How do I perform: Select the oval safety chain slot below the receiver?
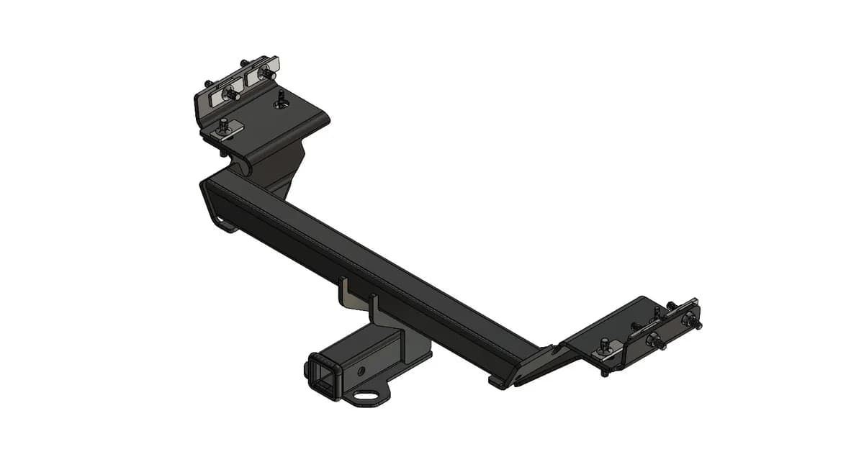(x=369, y=394)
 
